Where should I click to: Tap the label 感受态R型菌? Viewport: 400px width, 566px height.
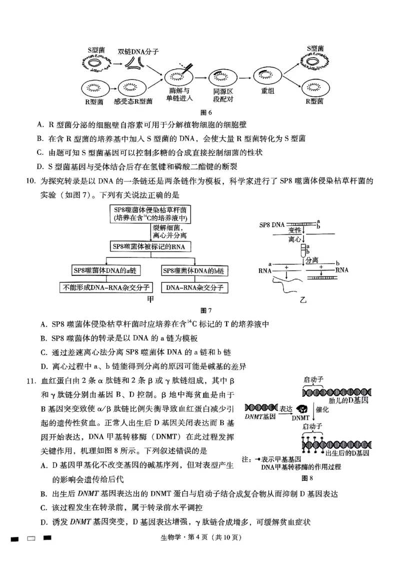pos(133,101)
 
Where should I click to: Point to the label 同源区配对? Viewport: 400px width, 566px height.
pos(223,95)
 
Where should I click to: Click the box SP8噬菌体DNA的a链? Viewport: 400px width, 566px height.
pos(105,270)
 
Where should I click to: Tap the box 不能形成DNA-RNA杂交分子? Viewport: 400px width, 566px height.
pos(105,288)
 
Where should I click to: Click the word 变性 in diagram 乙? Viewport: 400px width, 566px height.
pos(295,229)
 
